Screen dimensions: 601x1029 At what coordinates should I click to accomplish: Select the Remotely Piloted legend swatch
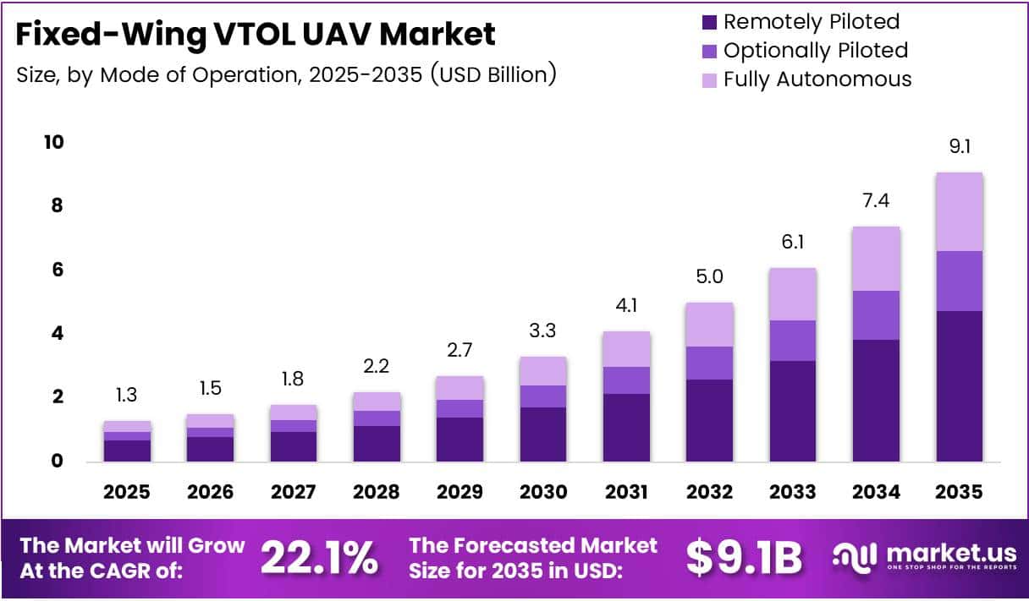point(708,22)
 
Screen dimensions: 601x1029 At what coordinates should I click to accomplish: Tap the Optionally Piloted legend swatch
point(708,51)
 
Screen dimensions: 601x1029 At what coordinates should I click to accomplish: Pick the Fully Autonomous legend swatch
point(708,79)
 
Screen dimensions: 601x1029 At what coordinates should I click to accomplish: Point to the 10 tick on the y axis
point(53,142)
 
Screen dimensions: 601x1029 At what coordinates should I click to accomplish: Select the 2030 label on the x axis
point(542,492)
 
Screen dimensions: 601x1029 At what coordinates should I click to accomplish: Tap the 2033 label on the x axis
point(792,492)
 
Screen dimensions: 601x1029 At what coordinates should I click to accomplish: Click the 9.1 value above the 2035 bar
point(959,147)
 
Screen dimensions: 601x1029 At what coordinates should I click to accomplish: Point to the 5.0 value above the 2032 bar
point(709,277)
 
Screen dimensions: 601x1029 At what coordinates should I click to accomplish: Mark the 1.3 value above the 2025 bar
point(127,396)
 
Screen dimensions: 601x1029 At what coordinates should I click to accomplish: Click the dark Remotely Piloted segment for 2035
point(959,386)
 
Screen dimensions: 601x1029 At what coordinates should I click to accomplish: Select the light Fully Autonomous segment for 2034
point(876,259)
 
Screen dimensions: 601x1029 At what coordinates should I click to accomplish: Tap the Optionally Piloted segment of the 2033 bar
point(792,341)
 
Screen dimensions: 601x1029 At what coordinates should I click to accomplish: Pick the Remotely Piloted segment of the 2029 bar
point(459,440)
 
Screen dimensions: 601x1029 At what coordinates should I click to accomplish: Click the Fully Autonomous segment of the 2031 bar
point(625,349)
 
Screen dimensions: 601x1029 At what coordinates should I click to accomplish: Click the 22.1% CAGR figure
point(318,557)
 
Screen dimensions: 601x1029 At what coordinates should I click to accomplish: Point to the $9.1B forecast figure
point(743,557)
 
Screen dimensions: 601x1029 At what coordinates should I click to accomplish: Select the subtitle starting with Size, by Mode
point(286,74)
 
